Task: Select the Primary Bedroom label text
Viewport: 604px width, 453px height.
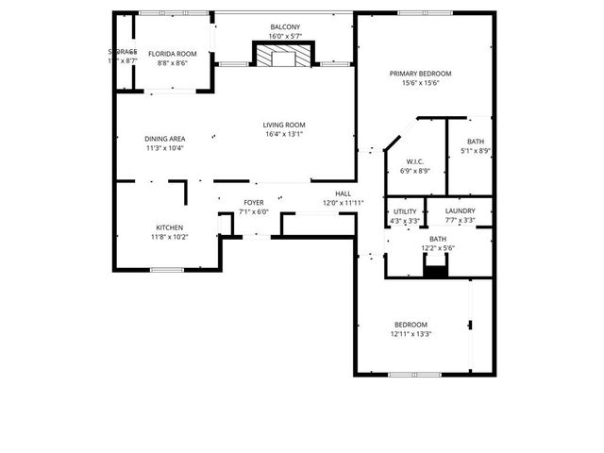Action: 420,74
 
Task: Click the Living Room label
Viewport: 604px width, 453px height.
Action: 284,125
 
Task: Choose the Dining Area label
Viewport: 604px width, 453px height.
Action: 164,139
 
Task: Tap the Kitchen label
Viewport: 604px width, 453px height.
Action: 170,227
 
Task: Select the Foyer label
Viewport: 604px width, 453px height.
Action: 254,203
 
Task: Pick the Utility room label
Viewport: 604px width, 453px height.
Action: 405,211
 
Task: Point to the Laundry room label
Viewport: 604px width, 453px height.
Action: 461,211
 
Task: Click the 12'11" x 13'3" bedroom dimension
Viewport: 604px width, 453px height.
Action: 411,333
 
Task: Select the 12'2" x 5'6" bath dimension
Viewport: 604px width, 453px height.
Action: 438,248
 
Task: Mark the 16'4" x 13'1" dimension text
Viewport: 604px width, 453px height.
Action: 284,134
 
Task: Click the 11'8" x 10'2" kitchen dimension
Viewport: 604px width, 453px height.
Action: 170,237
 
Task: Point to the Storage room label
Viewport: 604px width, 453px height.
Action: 122,51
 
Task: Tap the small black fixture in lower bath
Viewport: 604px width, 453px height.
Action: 434,272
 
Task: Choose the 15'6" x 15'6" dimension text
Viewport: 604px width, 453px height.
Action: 420,83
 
